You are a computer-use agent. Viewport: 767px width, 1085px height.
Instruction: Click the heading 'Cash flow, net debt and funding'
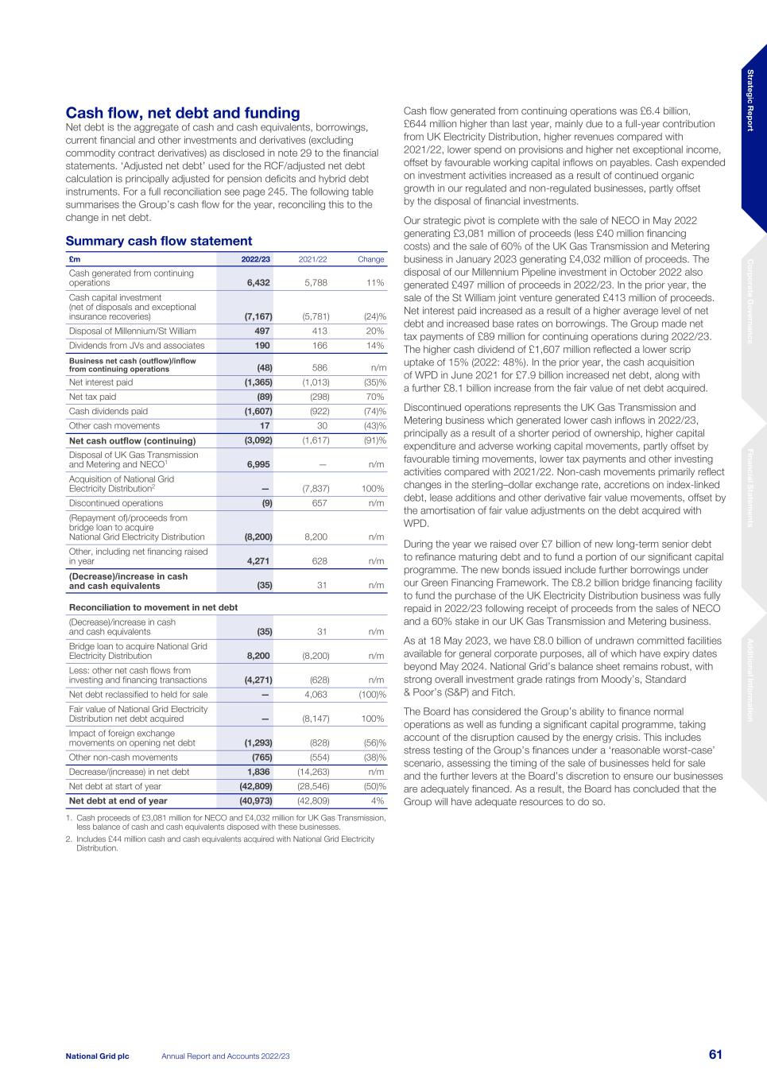[183, 114]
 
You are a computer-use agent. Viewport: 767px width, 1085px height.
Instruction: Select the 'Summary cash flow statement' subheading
[159, 241]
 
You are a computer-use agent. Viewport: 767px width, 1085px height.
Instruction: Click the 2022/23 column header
[256, 259]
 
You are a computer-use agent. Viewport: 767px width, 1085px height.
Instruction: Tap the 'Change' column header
[371, 259]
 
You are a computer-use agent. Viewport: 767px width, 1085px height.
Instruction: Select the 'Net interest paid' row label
[101, 382]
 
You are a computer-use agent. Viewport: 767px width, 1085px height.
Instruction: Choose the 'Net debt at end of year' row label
[118, 801]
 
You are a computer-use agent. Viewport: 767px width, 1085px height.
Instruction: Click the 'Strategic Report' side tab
[750, 101]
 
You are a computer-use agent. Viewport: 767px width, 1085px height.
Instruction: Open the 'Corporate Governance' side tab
[750, 300]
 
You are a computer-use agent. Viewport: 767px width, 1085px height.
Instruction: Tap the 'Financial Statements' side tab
[750, 488]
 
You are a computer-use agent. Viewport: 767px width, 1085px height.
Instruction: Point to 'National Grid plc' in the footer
[97, 1056]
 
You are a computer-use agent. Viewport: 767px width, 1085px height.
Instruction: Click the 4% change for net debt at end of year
[378, 801]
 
